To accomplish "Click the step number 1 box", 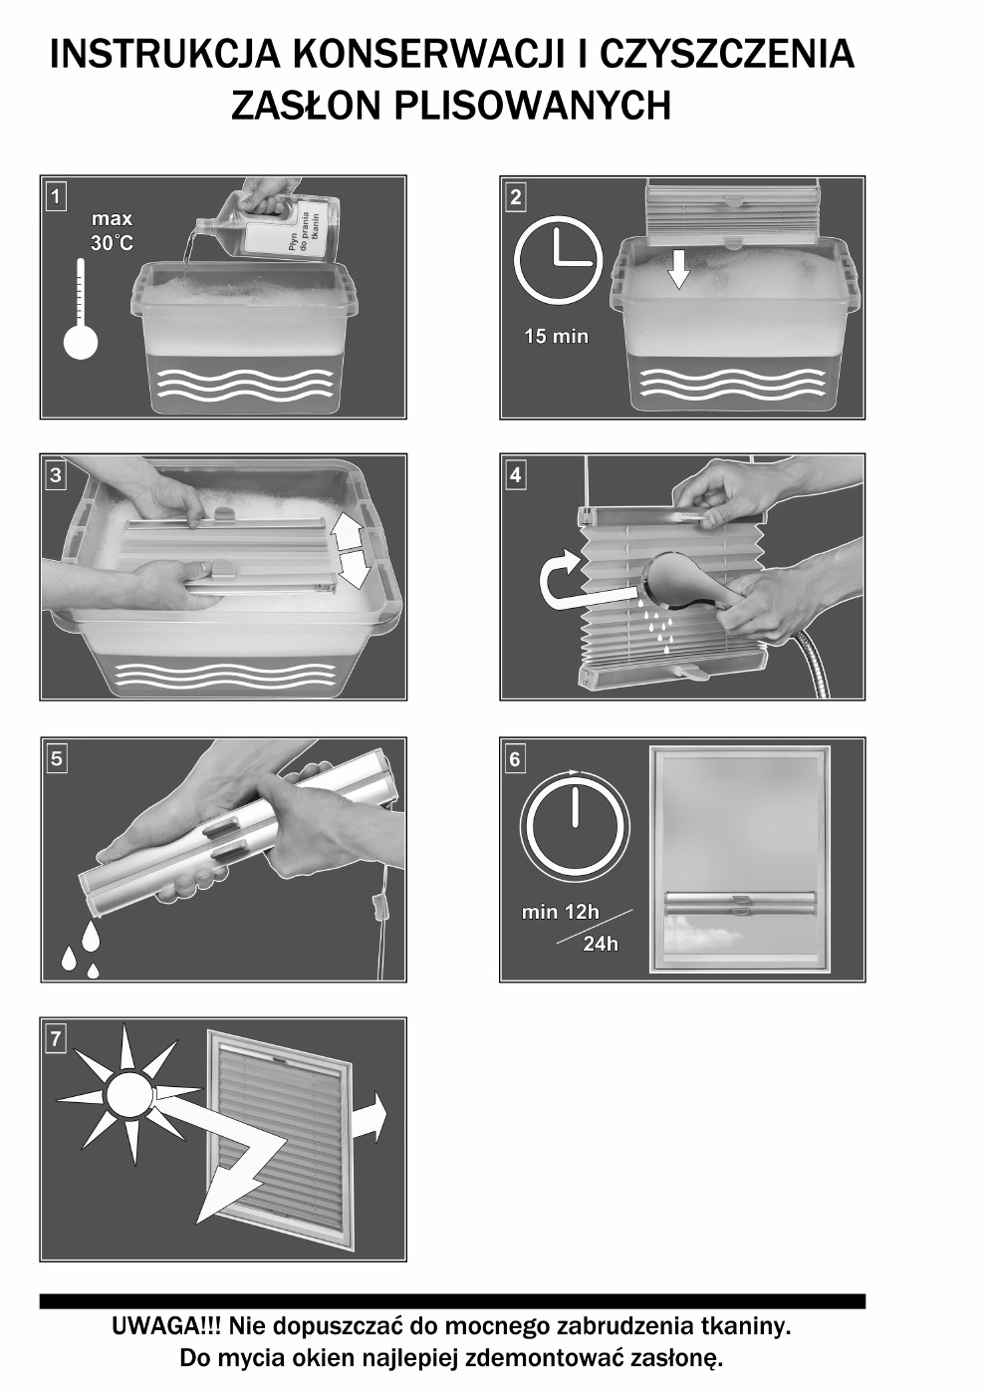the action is (x=56, y=197).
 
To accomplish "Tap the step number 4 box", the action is (x=515, y=475).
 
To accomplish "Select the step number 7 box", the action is (x=56, y=1038).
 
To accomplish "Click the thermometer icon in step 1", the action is (x=81, y=309).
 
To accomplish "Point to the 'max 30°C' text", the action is (x=113, y=230).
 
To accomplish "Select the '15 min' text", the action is (x=557, y=337).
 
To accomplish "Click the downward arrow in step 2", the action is (x=678, y=269).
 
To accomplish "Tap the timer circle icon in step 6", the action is (x=575, y=825).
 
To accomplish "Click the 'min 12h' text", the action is (x=560, y=912).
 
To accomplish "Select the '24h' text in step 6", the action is (x=600, y=944).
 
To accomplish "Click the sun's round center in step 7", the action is (x=129, y=1095).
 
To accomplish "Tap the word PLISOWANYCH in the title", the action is (x=533, y=105).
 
